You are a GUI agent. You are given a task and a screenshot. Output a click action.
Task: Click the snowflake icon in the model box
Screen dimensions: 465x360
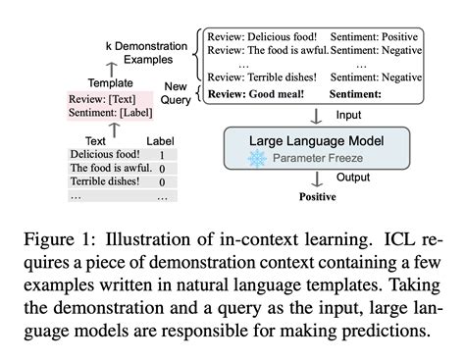[x=260, y=159]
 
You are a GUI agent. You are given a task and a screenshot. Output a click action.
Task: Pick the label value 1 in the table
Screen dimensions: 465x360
[x=161, y=155]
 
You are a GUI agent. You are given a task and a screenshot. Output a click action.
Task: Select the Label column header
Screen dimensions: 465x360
[x=161, y=140]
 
